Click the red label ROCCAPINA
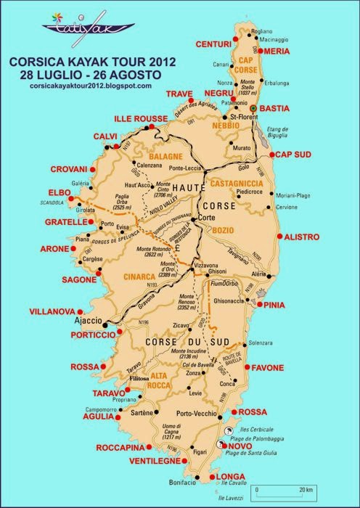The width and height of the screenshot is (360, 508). pos(119,448)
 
